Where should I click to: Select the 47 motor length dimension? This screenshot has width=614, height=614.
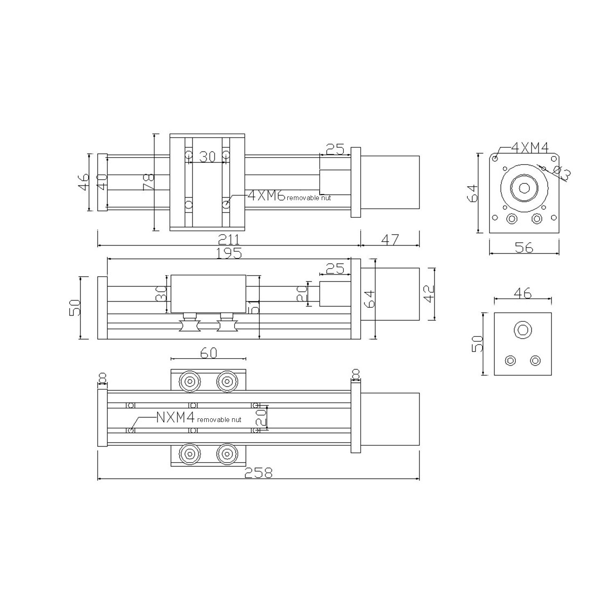[x=389, y=239]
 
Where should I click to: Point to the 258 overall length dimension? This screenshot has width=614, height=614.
[x=258, y=473]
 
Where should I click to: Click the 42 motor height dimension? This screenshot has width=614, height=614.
[x=429, y=293]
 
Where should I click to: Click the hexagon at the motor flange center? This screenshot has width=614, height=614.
[x=524, y=188]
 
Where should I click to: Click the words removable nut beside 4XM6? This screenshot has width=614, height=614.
[x=309, y=198]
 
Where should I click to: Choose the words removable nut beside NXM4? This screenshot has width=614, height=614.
[x=219, y=420]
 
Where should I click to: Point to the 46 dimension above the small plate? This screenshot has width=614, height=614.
[x=523, y=293]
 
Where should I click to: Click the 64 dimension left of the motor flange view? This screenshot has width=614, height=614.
[x=472, y=193]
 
